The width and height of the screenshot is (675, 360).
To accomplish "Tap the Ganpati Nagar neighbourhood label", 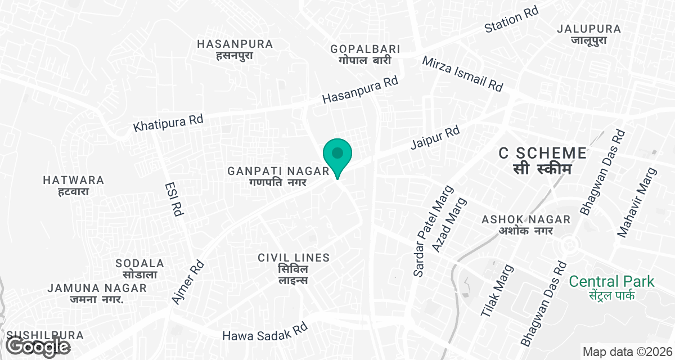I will (x=278, y=176).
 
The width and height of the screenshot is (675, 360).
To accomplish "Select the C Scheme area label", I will (x=543, y=160).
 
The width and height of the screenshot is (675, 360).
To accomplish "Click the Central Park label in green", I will (x=611, y=287).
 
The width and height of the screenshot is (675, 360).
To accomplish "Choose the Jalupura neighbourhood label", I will (x=588, y=34).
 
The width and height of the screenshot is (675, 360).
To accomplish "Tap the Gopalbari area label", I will (x=361, y=54).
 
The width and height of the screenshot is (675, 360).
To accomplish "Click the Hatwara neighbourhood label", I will (x=74, y=186).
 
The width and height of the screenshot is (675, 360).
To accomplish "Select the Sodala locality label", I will (x=139, y=269).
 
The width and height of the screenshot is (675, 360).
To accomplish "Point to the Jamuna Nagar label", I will (x=97, y=293).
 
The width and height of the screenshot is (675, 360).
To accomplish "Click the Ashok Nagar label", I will (x=526, y=224).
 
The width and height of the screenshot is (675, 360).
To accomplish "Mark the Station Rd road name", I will (x=511, y=20).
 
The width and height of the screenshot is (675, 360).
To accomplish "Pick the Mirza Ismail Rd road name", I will (x=462, y=74).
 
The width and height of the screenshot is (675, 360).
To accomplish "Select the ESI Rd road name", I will (x=174, y=199).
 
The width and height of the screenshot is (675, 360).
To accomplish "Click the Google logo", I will (x=38, y=346).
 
